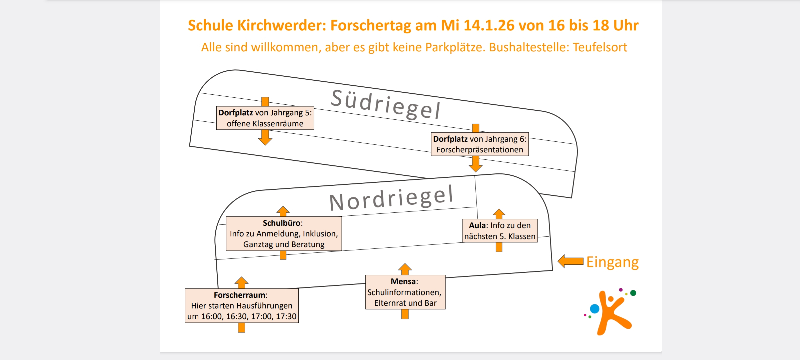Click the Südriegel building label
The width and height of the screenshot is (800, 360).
[x=386, y=104]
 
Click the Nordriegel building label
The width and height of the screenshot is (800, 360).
[x=391, y=198]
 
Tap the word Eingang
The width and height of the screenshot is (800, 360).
[x=612, y=262]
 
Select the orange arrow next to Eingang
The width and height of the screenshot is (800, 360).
[x=570, y=261]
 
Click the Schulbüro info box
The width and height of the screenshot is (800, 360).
[x=284, y=233]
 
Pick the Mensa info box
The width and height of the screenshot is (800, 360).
[x=405, y=292]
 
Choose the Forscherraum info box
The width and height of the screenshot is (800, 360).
[x=242, y=305]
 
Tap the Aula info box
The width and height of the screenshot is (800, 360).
[x=500, y=231]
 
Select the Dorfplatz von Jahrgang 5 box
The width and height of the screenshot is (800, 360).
[x=265, y=118]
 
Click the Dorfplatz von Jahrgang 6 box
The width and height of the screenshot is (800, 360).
[x=480, y=144]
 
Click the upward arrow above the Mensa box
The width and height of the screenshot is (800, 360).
[x=405, y=269]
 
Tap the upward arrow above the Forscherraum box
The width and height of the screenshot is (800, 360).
[x=241, y=282]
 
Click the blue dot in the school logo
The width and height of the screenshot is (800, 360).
[x=594, y=309]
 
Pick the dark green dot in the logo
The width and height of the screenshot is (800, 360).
[x=633, y=293]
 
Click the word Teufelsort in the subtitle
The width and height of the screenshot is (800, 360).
[x=600, y=47]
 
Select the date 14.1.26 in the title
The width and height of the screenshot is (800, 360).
[x=489, y=25]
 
